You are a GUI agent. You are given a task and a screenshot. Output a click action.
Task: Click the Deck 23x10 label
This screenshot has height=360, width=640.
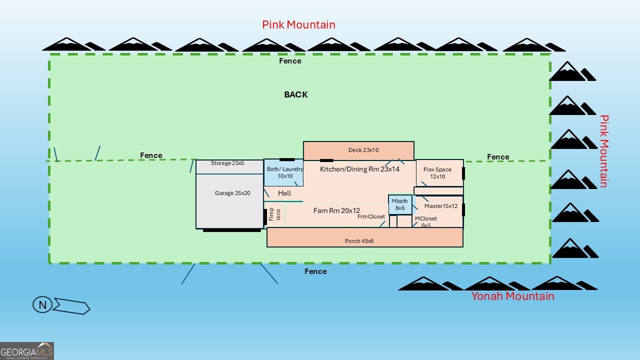point(363,150)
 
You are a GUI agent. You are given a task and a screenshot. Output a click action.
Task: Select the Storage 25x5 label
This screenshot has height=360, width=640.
point(227,163)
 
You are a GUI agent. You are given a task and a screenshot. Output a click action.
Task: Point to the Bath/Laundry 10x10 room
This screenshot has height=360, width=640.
point(284,172)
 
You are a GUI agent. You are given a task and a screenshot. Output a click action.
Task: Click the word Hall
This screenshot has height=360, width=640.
point(284,193)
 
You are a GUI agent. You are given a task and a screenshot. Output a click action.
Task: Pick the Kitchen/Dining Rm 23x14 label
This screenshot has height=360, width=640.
point(359,169)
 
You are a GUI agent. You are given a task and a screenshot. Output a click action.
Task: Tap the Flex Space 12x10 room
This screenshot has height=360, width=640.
point(437,173)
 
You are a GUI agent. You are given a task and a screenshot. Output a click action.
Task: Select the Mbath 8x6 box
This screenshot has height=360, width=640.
point(400,204)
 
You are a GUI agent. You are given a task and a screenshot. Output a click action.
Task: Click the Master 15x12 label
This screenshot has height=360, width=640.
point(441,206)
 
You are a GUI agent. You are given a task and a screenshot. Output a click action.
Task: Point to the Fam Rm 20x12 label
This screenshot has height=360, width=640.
point(336,210)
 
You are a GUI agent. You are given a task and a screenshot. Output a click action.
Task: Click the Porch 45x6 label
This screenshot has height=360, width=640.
point(359,241)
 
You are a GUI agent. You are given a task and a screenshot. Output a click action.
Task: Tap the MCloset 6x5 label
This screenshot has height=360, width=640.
point(426,222)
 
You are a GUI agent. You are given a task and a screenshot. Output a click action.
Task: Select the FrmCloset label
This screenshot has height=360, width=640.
point(371,216)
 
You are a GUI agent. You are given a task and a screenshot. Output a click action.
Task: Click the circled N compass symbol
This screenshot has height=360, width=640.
point(42,305)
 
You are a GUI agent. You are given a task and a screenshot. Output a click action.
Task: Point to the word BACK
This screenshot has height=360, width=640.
point(296,94)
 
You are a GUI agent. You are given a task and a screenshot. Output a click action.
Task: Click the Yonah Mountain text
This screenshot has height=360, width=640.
point(512,296)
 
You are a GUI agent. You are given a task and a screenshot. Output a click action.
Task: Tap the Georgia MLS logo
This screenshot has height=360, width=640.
point(27,350)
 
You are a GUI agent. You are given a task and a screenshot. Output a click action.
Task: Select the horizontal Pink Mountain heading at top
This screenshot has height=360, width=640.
point(298,24)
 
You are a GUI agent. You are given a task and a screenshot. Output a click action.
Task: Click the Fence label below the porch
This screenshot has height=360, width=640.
point(315,271)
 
